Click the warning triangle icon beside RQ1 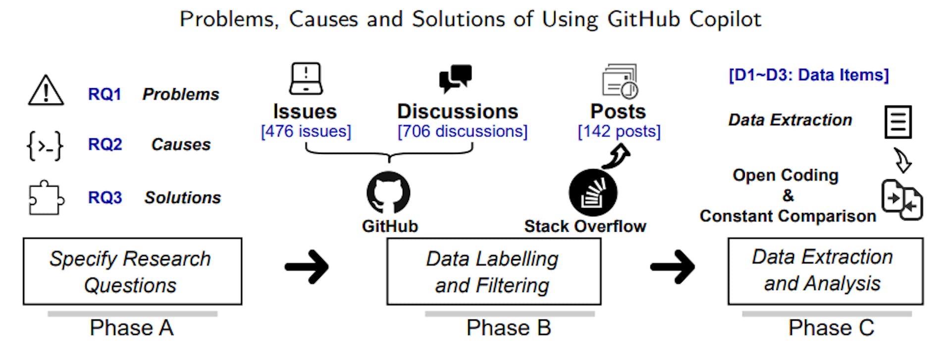[x=46, y=91]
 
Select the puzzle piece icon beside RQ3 [x=46, y=198]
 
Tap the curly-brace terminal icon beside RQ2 [x=45, y=146]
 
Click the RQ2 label [x=105, y=145]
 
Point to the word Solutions [x=182, y=198]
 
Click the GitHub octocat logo [x=388, y=193]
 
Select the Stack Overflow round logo [x=593, y=193]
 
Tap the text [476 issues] [x=306, y=131]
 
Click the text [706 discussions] [x=462, y=131]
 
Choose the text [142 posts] [x=619, y=131]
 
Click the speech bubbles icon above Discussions [x=455, y=78]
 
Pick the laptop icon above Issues [x=306, y=78]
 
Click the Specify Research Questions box [x=132, y=271]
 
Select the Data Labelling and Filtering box [x=493, y=271]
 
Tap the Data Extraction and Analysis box [x=825, y=271]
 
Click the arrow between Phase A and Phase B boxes [x=307, y=267]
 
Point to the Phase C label [x=831, y=328]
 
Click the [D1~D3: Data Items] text [x=808, y=75]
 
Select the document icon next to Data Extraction [x=898, y=122]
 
